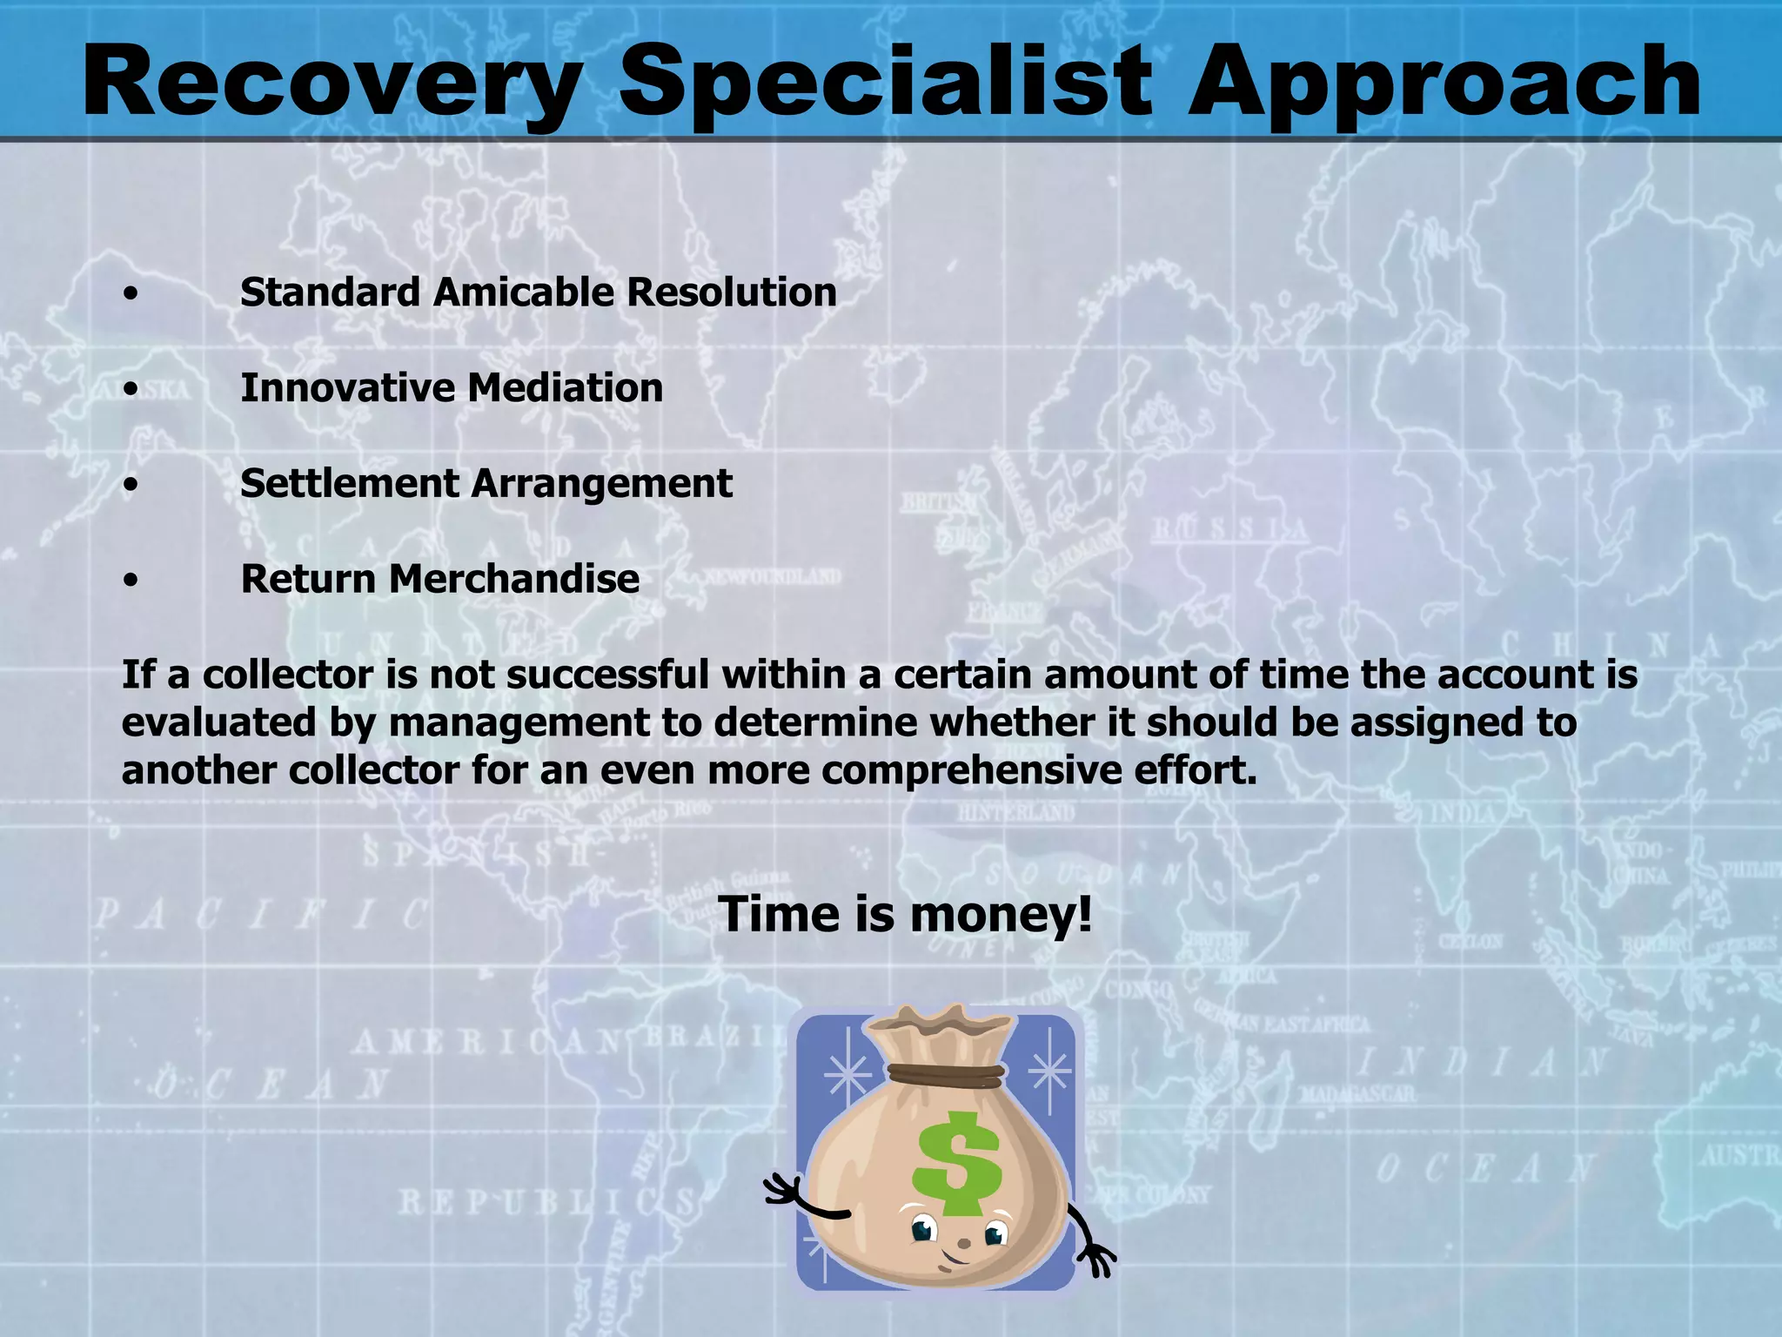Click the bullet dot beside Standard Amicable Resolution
click(131, 294)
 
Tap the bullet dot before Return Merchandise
click(131, 581)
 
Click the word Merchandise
click(513, 579)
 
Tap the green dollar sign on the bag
click(955, 1164)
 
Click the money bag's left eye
click(922, 1230)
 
